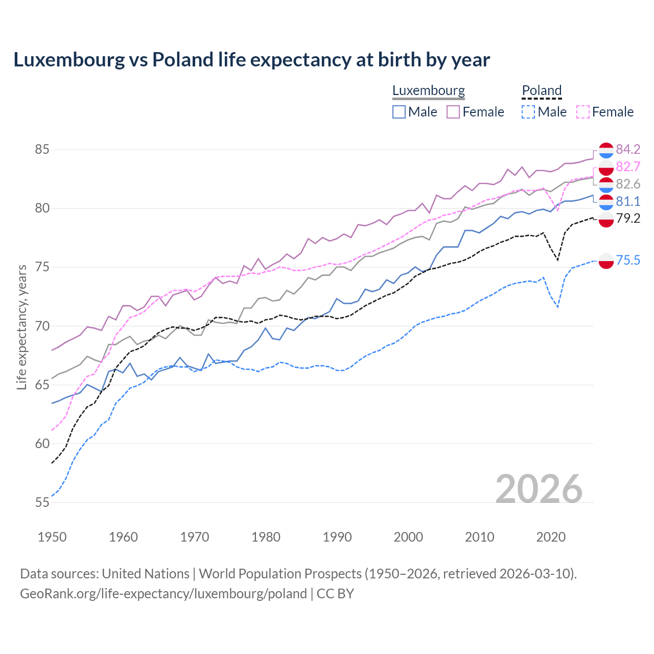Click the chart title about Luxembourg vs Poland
(x=251, y=60)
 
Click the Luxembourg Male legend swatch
(x=399, y=112)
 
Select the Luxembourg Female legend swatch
(x=453, y=112)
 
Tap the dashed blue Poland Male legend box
(x=528, y=112)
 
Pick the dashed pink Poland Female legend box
(x=583, y=112)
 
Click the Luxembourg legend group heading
(x=428, y=90)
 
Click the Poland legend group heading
(x=542, y=90)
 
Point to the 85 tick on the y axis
(x=42, y=150)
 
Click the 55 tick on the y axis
(x=42, y=502)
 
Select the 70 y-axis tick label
(x=42, y=326)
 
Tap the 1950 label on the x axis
(x=52, y=537)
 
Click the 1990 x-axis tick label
(x=337, y=537)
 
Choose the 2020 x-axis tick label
(x=551, y=537)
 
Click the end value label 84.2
(x=628, y=149)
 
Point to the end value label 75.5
(x=628, y=260)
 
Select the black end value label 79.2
(x=628, y=218)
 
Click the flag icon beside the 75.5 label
(x=606, y=261)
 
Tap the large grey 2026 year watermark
(x=539, y=489)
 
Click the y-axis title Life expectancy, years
(x=21, y=327)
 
